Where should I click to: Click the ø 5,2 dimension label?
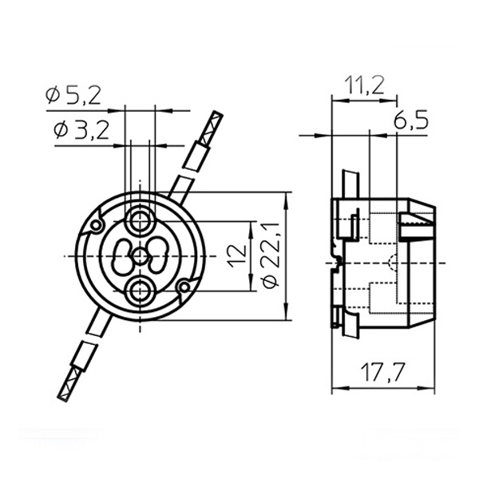pyautogui.click(x=73, y=97)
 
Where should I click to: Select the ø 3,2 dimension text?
pyautogui.click(x=81, y=131)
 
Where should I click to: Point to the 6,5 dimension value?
pyautogui.click(x=411, y=121)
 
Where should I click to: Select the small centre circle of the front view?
pyautogui.click(x=141, y=255)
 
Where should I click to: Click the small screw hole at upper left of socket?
pyautogui.click(x=97, y=226)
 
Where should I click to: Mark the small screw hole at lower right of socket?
pyautogui.click(x=184, y=285)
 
